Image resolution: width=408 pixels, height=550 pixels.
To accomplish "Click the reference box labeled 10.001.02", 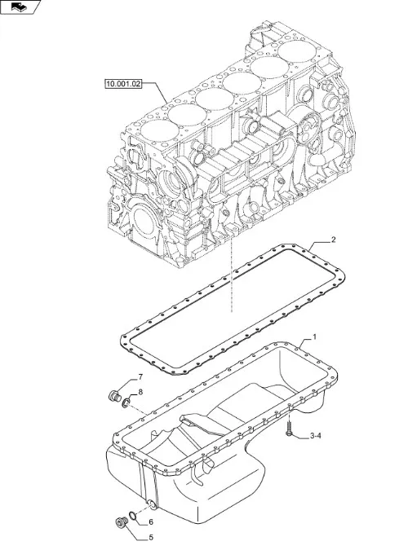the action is click(123, 84).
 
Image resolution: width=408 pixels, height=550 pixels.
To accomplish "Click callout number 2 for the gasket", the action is click(334, 240).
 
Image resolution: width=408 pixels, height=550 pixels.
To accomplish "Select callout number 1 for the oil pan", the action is click(314, 337).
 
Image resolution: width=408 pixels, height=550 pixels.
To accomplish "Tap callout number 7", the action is click(140, 377).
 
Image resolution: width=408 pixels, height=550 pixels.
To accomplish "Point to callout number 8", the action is click(140, 392).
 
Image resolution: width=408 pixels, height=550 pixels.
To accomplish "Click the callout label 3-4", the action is click(316, 436).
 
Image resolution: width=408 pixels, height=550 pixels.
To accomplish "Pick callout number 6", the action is click(151, 522).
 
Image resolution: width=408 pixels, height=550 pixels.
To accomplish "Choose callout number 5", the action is click(151, 538).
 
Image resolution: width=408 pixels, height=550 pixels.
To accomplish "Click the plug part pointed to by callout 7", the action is click(114, 396).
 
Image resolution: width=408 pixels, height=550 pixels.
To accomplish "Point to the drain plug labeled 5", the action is click(122, 522).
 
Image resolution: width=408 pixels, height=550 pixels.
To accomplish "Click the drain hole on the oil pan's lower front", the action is click(152, 505).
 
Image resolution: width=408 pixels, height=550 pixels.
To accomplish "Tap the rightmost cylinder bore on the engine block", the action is click(297, 51).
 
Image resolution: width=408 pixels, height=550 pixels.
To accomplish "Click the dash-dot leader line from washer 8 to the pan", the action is click(138, 411).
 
